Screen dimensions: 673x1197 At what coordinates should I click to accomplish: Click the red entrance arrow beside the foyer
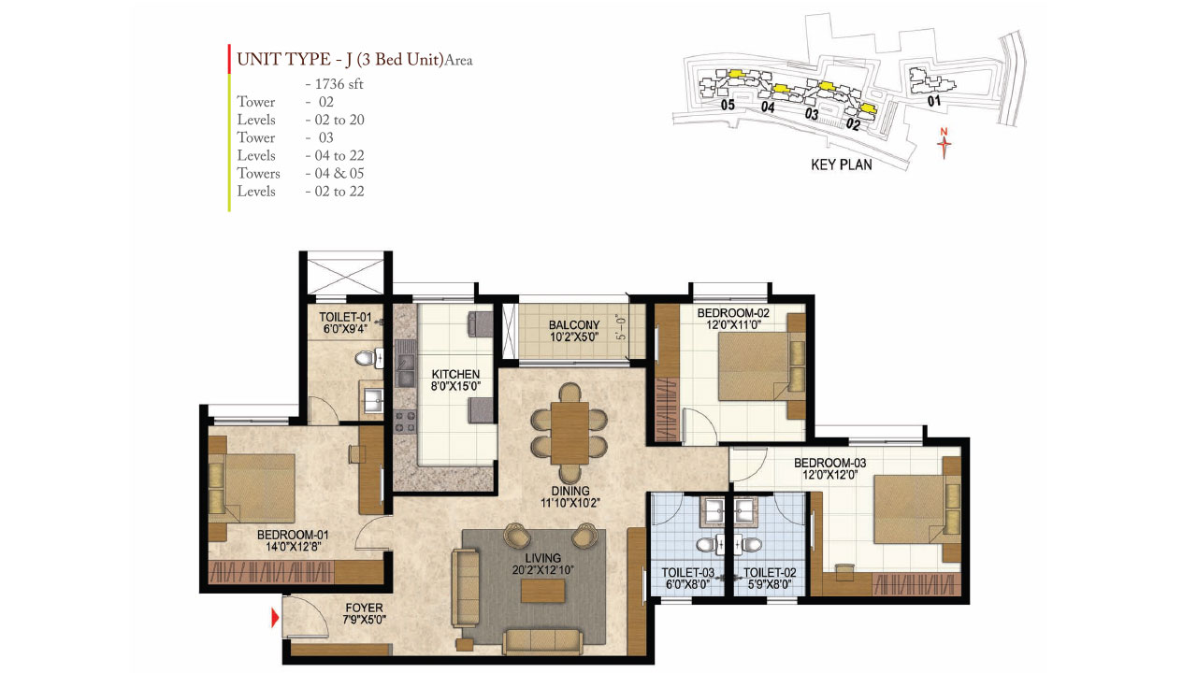coord(275,618)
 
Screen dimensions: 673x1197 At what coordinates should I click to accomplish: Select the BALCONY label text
coord(574,325)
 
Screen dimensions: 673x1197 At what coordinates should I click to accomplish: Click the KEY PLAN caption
coord(841,165)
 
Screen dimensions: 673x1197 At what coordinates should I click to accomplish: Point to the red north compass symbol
coord(945,145)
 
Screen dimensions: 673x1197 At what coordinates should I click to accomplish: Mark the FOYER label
coord(364,609)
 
